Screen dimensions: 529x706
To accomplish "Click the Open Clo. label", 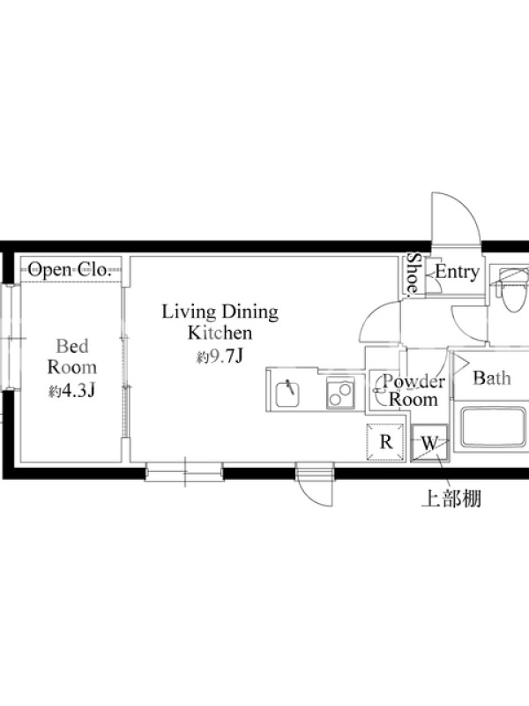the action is pyautogui.click(x=70, y=270).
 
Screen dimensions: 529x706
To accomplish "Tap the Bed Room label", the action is pyautogui.click(x=72, y=357).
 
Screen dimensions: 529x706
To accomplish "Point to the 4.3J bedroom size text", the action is pyautogui.click(x=72, y=391).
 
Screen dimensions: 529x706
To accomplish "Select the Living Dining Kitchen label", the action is pyautogui.click(x=220, y=322).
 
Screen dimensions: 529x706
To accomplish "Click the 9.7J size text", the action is pyautogui.click(x=220, y=357).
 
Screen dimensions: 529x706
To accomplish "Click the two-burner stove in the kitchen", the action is pyautogui.click(x=340, y=393).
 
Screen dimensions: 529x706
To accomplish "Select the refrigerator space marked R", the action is pyautogui.click(x=386, y=443).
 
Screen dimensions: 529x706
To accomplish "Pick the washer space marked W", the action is pyautogui.click(x=429, y=443).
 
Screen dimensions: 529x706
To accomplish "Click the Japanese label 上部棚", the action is pyautogui.click(x=451, y=499).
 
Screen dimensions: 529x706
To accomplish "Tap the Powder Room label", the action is pyautogui.click(x=414, y=390).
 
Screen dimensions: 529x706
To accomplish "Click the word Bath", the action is pyautogui.click(x=492, y=379).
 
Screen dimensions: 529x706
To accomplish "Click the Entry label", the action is pyautogui.click(x=457, y=272).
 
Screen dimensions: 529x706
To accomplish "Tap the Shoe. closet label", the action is pyautogui.click(x=413, y=274).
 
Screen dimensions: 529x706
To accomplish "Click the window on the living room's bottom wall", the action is pyautogui.click(x=184, y=472).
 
